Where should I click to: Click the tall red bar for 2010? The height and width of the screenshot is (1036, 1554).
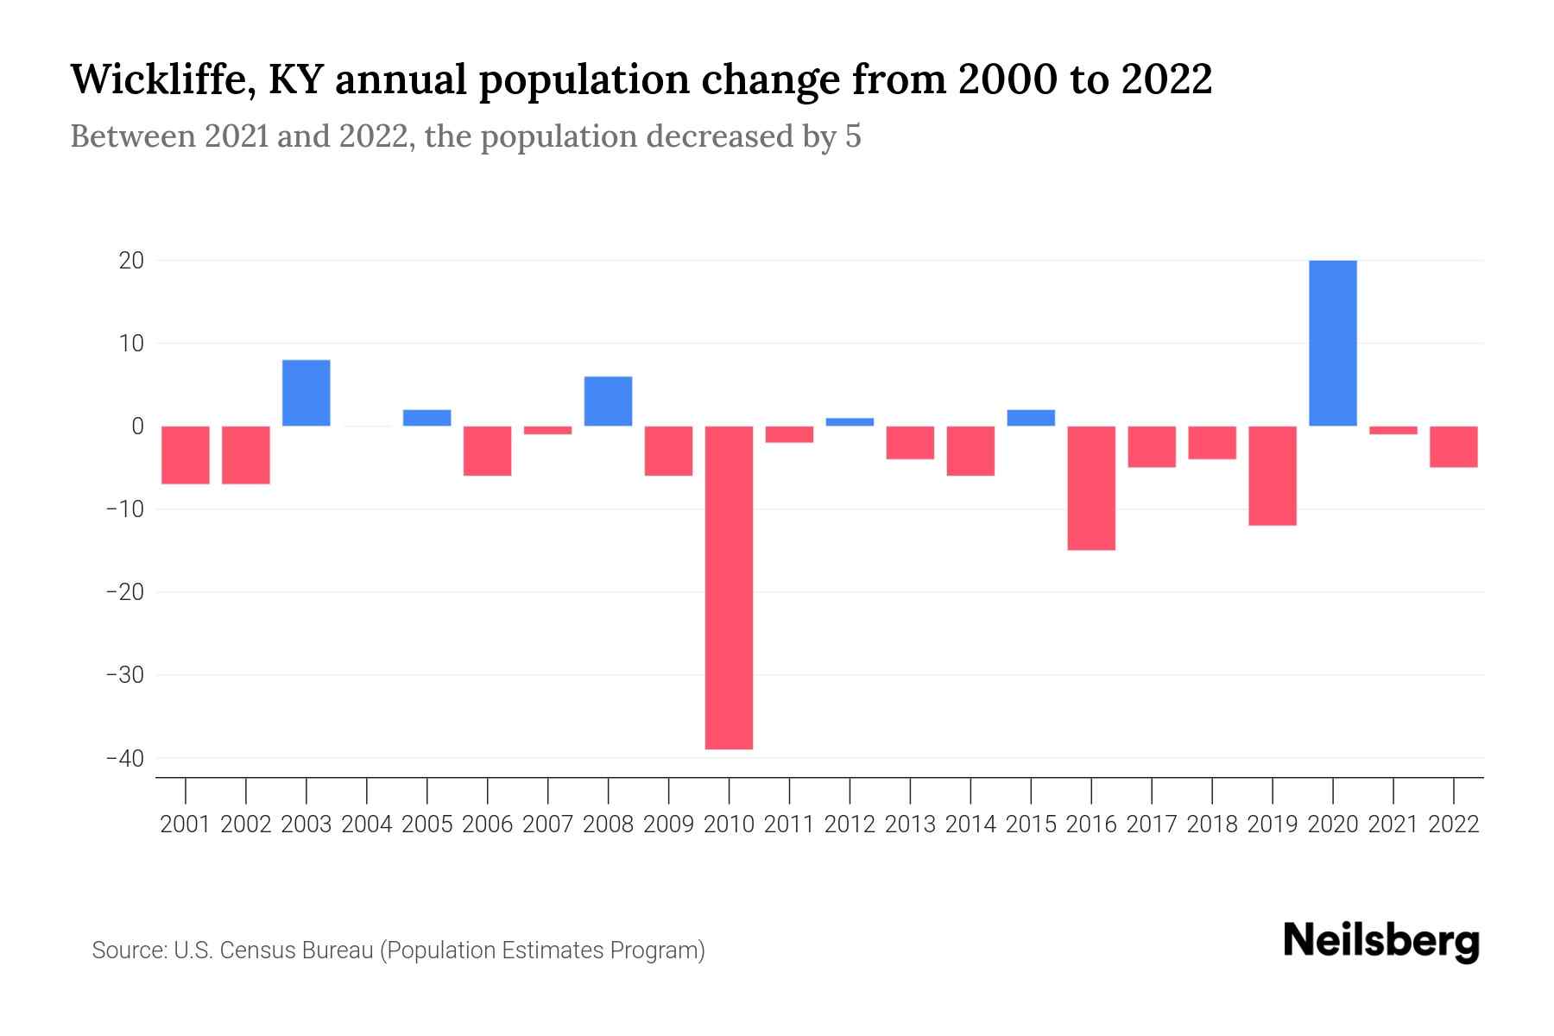729,587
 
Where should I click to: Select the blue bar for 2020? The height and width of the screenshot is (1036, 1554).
1333,343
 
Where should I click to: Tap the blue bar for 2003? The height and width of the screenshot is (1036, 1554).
306,393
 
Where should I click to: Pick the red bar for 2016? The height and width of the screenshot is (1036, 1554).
1091,488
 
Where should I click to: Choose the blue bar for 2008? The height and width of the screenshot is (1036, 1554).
609,401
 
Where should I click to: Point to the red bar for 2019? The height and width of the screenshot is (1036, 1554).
1273,476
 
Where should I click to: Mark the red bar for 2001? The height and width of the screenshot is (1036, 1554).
186,455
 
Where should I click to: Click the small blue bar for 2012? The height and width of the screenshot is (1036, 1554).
850,422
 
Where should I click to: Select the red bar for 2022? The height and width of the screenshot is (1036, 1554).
1454,446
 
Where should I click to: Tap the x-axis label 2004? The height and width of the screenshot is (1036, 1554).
367,824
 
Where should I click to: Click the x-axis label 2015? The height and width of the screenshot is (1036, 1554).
1031,824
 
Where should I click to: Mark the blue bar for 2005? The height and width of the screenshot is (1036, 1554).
427,418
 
